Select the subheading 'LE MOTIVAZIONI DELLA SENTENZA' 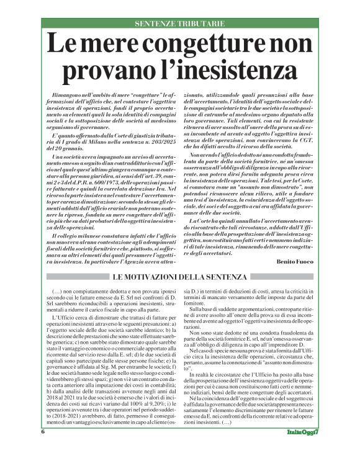pos(179,276)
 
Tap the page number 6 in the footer pos(43,449)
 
